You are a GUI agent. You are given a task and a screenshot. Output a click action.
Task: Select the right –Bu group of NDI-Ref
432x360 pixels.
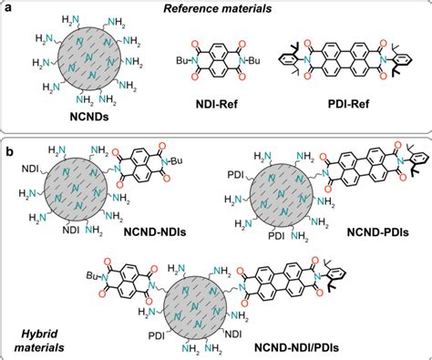pos(265,59)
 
